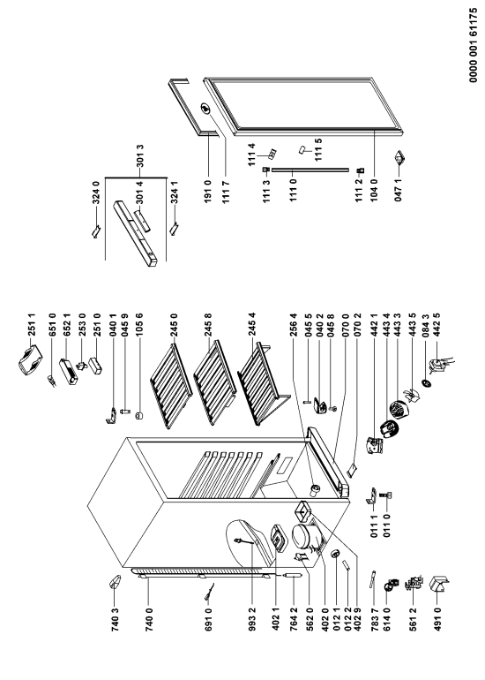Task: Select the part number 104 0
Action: click(x=374, y=191)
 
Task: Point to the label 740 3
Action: click(x=115, y=619)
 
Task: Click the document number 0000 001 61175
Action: click(x=474, y=45)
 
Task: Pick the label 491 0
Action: click(x=437, y=619)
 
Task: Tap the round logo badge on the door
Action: click(x=205, y=109)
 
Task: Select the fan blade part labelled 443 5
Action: click(x=409, y=396)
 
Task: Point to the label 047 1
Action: click(x=399, y=191)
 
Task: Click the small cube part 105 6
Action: click(x=139, y=415)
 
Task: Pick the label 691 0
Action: click(x=209, y=619)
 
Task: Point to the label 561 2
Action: click(x=413, y=619)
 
